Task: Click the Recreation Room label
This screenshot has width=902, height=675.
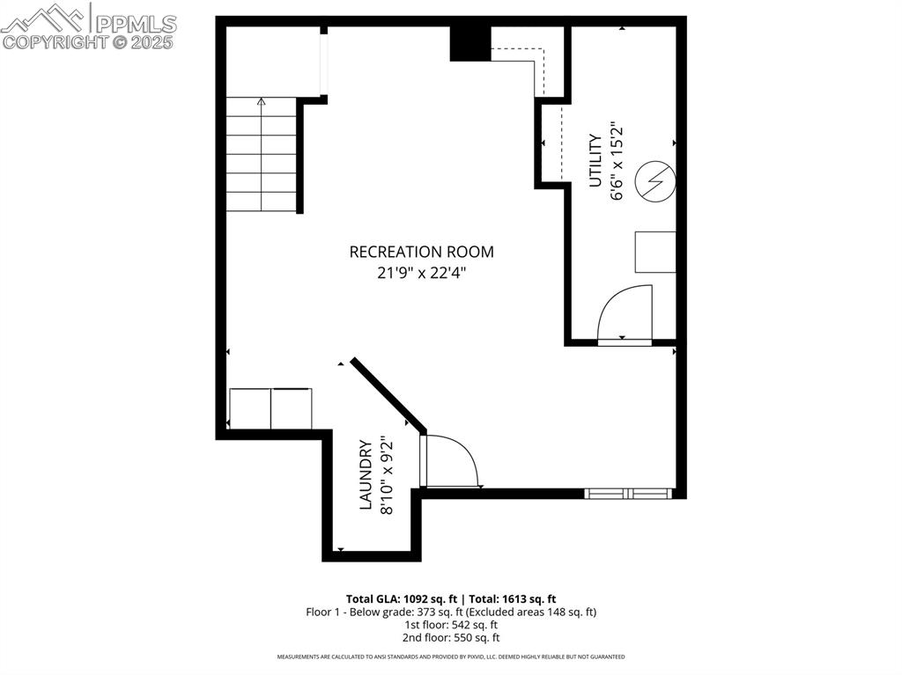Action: point(421,252)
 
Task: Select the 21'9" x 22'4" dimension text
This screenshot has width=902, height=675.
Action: point(421,273)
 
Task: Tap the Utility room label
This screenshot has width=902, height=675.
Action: point(595,160)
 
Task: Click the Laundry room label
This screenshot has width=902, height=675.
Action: point(366,475)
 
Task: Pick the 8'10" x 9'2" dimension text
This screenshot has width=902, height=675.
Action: point(387,475)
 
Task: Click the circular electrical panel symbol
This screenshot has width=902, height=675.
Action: point(655,182)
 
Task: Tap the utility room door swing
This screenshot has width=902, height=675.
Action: point(625,313)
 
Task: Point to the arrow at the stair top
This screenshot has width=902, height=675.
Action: point(261,103)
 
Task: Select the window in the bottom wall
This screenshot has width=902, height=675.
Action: point(630,494)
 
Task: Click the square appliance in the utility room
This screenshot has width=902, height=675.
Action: point(655,252)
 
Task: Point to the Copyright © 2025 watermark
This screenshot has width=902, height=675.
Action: point(88,41)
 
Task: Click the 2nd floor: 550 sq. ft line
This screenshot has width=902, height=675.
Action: point(451,637)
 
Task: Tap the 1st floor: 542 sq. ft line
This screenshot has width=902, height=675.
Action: point(451,624)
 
